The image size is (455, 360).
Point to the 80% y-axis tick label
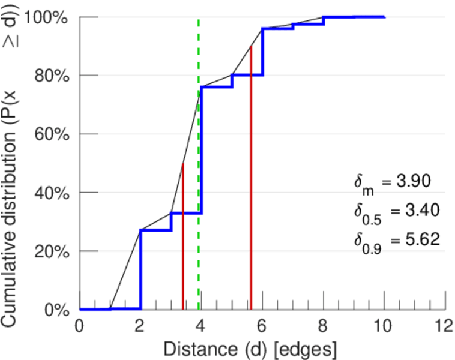point(51,76)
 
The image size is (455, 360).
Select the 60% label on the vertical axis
point(51,134)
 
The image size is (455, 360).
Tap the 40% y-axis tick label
point(51,193)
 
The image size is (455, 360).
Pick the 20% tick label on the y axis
point(51,251)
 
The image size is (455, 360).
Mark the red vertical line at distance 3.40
point(183,240)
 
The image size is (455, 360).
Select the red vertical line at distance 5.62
point(250,180)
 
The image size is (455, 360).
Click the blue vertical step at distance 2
point(140,270)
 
